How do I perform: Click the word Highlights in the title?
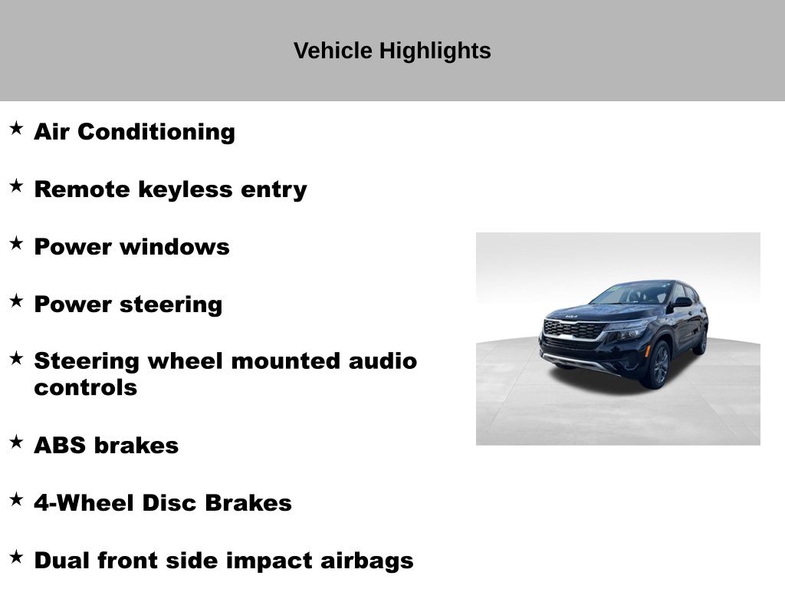pyautogui.click(x=435, y=51)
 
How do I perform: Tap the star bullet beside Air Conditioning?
pyautogui.click(x=17, y=128)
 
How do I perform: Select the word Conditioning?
pyautogui.click(x=156, y=132)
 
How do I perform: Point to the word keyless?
pyautogui.click(x=186, y=190)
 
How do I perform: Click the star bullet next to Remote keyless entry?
pyautogui.click(x=17, y=186)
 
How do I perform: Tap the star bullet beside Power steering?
pyautogui.click(x=17, y=301)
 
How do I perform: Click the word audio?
pyautogui.click(x=383, y=361)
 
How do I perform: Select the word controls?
pyautogui.click(x=86, y=387)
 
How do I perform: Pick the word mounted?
pyautogui.click(x=286, y=361)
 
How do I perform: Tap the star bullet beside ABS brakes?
pyautogui.click(x=17, y=442)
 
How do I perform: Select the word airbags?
pyautogui.click(x=367, y=561)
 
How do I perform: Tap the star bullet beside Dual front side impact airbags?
pyautogui.click(x=17, y=557)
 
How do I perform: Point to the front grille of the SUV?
pyautogui.click(x=575, y=330)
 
